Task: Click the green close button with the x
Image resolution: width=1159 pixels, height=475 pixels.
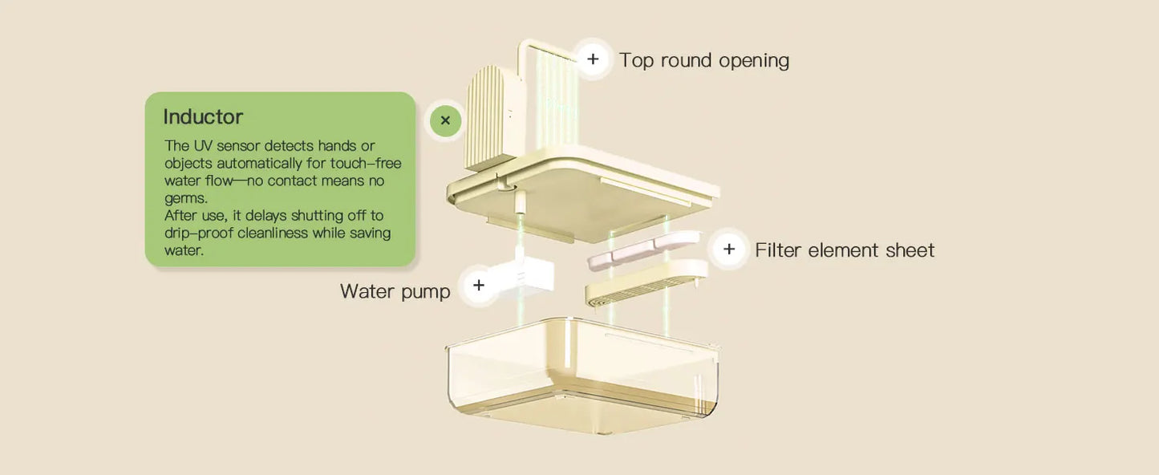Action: pos(445,121)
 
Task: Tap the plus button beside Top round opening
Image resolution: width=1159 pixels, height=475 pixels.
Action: pos(593,59)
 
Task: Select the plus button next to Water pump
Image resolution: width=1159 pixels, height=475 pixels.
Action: pos(479,285)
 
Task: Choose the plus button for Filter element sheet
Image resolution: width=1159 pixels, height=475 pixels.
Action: pos(728,250)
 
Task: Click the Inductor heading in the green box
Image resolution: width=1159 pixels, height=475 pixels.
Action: pos(203,117)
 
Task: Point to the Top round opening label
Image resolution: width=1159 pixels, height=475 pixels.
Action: pos(703,60)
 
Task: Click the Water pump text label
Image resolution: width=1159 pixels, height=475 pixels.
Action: pos(395,290)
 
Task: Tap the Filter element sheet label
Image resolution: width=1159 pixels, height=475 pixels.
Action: pos(844,250)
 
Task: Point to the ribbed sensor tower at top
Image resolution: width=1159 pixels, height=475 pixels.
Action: pos(488,116)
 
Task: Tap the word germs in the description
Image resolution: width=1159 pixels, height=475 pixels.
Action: pos(185,198)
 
